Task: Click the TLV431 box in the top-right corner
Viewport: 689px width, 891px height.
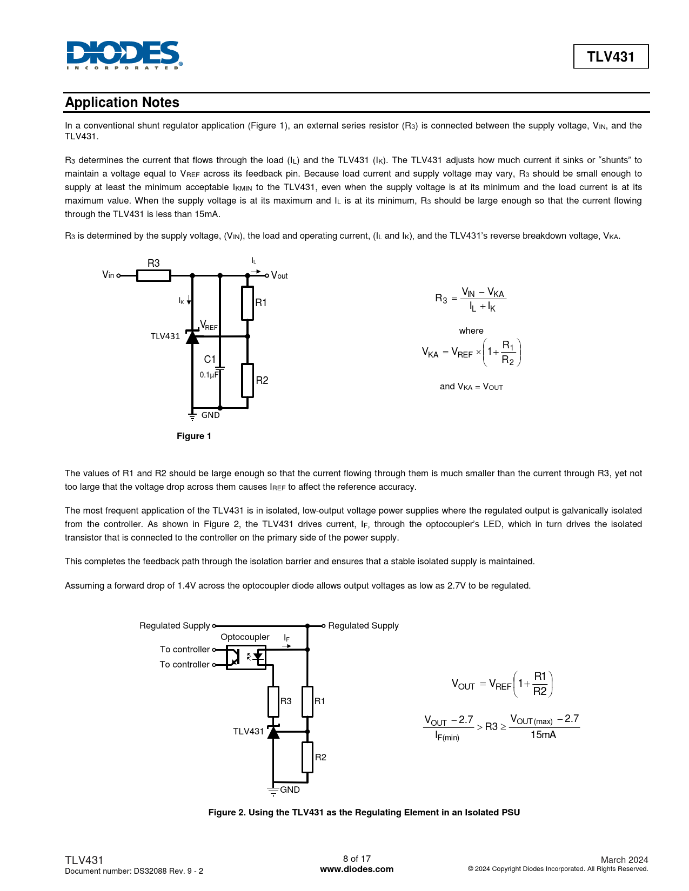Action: coord(611,57)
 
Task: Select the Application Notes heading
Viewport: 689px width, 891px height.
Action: coord(122,103)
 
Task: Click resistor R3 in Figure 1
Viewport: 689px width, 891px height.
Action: coord(153,275)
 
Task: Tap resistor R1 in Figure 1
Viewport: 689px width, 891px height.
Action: coord(247,303)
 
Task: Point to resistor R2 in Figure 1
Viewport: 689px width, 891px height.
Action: coord(247,381)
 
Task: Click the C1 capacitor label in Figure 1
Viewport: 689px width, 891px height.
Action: coord(210,360)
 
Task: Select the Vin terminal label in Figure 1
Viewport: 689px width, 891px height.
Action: coord(108,275)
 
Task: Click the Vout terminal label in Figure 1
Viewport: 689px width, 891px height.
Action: coord(279,275)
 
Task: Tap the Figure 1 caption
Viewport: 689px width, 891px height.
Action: coord(194,436)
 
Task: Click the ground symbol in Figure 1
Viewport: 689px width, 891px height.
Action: coord(192,416)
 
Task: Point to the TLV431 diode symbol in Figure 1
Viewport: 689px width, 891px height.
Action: coord(192,337)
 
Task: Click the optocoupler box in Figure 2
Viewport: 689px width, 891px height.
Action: coord(246,657)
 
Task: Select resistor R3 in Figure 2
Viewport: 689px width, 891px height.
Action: coord(273,701)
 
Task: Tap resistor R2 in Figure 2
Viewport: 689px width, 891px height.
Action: coord(307,757)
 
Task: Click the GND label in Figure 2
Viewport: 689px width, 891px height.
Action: coord(290,789)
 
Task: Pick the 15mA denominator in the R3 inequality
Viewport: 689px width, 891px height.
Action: coord(543,735)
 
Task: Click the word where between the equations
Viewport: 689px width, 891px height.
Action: coord(471,331)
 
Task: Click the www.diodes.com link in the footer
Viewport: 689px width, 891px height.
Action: coord(357,869)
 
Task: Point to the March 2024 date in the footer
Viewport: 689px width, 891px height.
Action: coord(624,860)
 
